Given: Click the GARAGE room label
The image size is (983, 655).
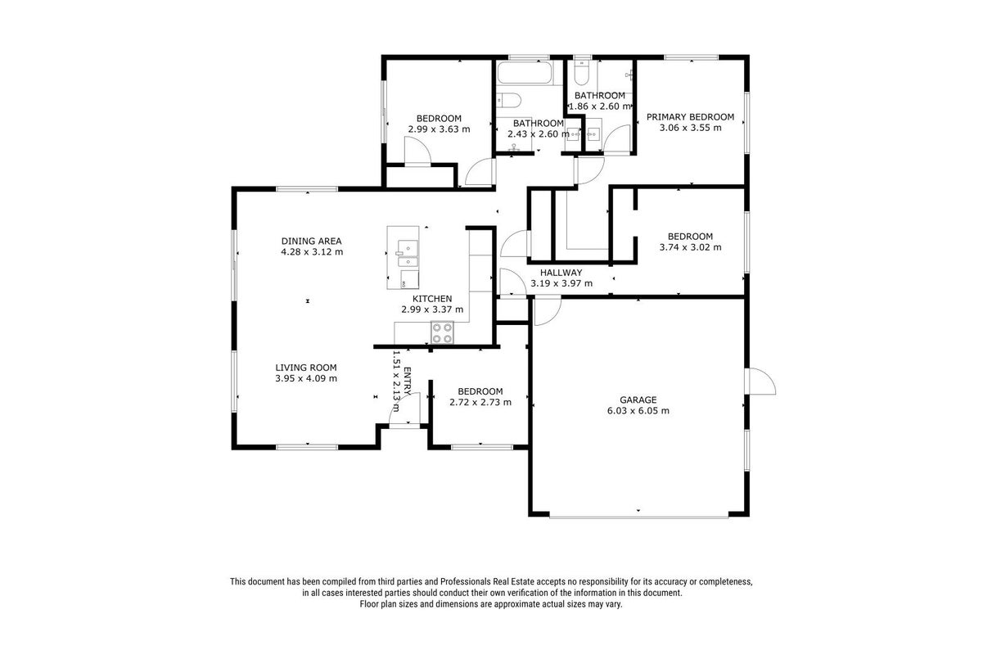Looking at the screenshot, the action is point(638,400).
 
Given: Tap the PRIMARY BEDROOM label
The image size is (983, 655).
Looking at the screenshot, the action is point(690,117).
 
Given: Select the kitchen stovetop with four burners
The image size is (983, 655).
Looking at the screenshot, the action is point(442,332).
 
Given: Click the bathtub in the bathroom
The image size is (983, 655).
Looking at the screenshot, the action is point(524,73).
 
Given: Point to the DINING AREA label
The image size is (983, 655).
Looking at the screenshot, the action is point(311,241).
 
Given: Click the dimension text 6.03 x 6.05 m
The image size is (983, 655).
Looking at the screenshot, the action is point(638,411).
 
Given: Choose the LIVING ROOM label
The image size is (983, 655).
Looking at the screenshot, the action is point(306,368).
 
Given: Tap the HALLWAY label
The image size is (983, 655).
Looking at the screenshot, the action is point(561,273).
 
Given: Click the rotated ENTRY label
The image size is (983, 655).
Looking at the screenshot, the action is point(407,381).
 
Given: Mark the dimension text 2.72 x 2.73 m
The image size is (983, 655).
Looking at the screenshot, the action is point(480,402).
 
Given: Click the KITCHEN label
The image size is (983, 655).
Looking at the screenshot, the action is point(432,299).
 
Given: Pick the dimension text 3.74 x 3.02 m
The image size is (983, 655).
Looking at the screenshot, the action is point(690,247).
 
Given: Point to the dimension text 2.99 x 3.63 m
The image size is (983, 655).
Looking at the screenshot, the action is point(439,129).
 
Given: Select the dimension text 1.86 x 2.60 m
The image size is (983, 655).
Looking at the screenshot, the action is point(599,106).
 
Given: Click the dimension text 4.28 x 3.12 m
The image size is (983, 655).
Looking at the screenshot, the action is point(312,252).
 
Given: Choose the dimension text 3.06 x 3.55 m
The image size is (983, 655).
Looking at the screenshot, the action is point(690,129).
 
